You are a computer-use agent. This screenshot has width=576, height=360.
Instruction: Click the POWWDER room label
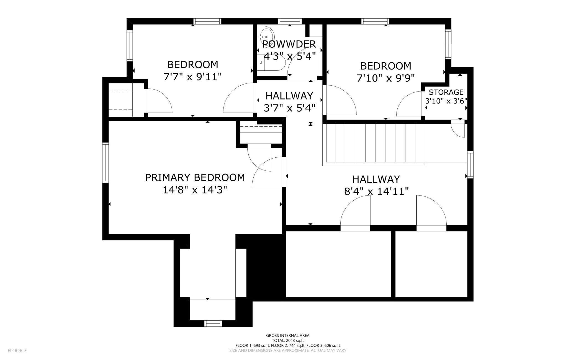coord(289,44)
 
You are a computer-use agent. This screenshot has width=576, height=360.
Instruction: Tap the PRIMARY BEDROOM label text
coord(195,177)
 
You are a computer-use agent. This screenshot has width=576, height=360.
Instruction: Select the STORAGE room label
coord(446,92)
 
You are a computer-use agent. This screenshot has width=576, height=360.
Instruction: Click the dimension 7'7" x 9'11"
coord(193,76)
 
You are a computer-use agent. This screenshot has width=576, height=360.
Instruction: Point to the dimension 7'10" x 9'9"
coord(385,78)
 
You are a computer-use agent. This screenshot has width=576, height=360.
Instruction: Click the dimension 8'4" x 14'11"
coord(376,191)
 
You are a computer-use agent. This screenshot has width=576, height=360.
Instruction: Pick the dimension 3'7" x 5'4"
coord(289,108)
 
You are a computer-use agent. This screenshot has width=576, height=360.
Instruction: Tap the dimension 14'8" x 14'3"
coord(195,190)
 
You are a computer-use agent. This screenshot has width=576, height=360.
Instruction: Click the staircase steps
coord(376,143)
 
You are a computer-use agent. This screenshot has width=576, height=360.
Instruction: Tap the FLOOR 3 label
coord(17,351)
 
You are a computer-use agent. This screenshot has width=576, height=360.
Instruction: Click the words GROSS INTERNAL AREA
coord(288,335)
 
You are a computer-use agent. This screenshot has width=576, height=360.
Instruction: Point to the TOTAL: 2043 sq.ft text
coord(288,340)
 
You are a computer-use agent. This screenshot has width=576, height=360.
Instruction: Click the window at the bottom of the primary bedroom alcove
coord(213,323)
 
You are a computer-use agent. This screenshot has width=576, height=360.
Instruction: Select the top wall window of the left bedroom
coord(207,21)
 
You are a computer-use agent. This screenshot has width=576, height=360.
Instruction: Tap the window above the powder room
coord(290,21)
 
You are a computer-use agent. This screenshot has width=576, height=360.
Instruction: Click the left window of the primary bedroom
coord(106,162)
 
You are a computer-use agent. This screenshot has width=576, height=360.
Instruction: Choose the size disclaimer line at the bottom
coord(288,350)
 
